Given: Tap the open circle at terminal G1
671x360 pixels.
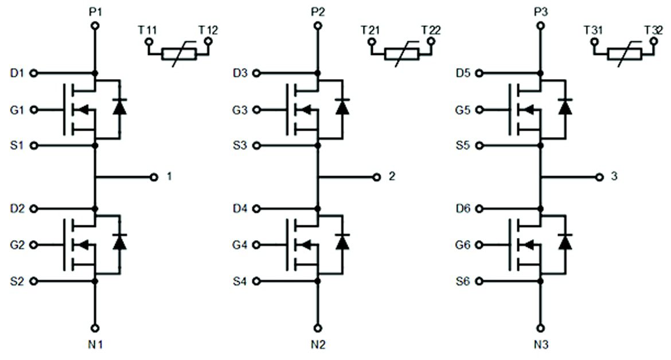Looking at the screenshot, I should tap(33, 109).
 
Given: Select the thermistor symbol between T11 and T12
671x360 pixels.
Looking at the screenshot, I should tap(179, 54).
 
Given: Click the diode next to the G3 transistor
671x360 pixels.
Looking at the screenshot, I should tap(342, 107).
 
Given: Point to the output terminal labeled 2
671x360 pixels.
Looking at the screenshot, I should tap(377, 177).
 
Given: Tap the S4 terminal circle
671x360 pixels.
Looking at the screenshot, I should tap(256, 281).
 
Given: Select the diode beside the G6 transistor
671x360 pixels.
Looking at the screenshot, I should tap(565, 242).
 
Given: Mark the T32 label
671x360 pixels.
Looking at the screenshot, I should tap(653, 29).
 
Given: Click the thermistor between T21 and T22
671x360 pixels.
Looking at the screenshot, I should tap(401, 54).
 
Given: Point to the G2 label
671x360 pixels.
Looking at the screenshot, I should tap(17, 245).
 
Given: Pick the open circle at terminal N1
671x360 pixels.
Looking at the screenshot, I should tap(95, 328).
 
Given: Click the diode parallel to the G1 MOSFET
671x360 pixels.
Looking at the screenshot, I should tap(119, 107).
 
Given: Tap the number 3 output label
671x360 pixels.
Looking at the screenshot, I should tap(614, 177).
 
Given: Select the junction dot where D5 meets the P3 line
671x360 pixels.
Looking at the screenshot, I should tap(540, 73).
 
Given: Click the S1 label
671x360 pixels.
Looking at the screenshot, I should tap(17, 146).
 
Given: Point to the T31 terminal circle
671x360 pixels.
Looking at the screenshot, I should tap(594, 42).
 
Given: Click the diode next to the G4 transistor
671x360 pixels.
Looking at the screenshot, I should tap(342, 242).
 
